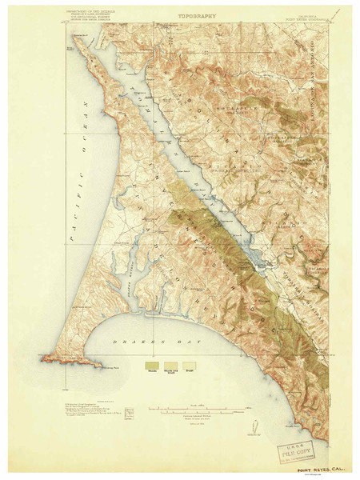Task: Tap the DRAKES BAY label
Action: [171, 342]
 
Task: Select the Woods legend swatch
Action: [150, 365]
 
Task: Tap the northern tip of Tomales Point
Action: [75, 35]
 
